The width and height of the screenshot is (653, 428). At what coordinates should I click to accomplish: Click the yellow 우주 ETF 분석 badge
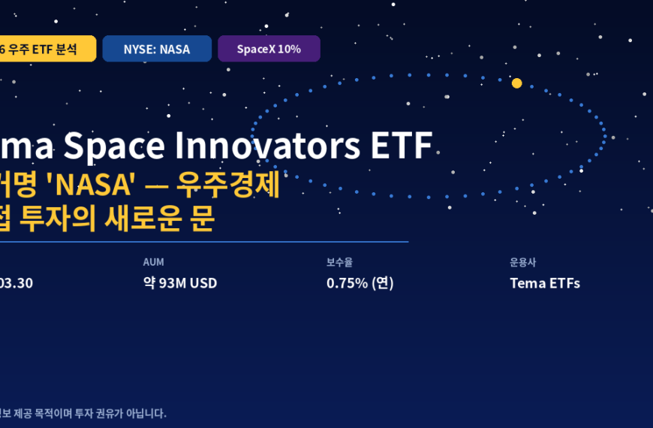[x=45, y=49]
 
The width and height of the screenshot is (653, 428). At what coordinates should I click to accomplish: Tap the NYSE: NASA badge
[x=157, y=49]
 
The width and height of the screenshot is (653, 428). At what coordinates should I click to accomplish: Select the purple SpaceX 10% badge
[x=269, y=49]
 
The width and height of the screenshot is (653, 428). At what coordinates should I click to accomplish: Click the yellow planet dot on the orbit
[x=516, y=83]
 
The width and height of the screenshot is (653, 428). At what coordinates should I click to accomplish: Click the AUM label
[x=153, y=262]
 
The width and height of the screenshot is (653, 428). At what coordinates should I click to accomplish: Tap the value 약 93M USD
[x=180, y=283]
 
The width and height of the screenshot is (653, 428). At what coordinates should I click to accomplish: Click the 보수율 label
[x=339, y=262]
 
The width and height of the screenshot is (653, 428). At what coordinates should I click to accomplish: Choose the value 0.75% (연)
[x=360, y=283]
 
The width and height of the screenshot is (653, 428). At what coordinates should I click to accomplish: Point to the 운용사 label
[x=522, y=262]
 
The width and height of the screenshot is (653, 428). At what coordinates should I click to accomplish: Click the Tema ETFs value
[x=545, y=283]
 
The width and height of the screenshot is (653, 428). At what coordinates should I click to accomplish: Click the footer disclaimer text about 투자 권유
[x=83, y=413]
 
